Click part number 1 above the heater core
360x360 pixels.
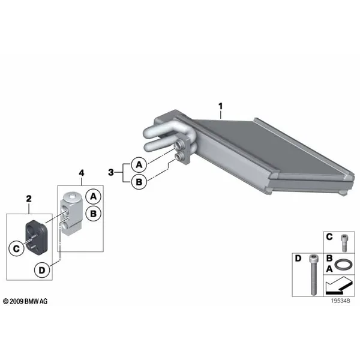coord(220,106)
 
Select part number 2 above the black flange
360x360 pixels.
coord(29,199)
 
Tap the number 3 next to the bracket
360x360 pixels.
coord(111,172)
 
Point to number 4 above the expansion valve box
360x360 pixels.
coord(82,173)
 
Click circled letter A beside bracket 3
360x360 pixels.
coord(139,165)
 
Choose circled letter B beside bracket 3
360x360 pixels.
coord(139,182)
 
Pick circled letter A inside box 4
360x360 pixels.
coord(93,197)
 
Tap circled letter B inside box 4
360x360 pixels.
coord(93,214)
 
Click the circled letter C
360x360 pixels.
coord(16,248)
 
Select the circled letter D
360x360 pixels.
coord(42,270)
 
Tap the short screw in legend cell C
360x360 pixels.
coord(344,243)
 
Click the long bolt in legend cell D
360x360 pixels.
coord(313,275)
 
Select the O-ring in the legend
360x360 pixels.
coord(343,264)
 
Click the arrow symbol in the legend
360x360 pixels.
coord(339,286)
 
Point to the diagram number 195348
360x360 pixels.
coord(340,301)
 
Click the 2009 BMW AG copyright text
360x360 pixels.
coord(25,301)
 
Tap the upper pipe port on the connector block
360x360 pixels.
coord(179,146)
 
